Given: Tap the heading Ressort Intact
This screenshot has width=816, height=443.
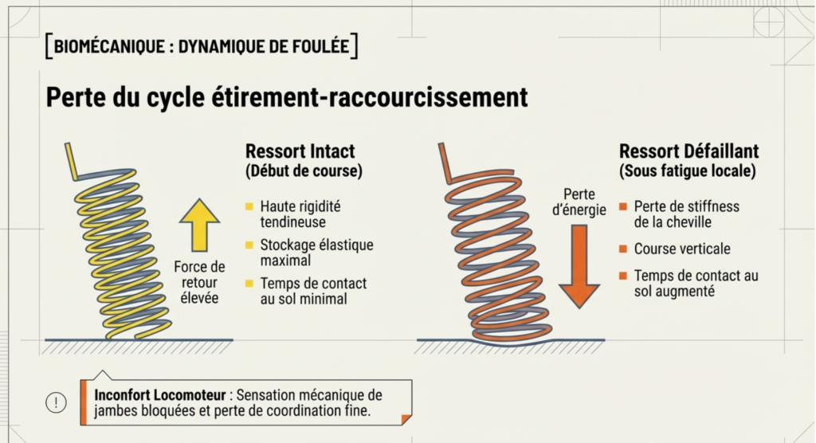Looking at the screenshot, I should coord(300,151).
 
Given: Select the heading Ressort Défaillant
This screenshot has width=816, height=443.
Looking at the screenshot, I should coord(688,151).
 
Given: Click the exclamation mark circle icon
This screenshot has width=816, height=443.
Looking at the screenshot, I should coord(56,402).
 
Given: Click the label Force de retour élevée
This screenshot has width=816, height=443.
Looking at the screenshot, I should coord(199,282).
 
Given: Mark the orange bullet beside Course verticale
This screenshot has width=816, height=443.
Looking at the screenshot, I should coord(624,249).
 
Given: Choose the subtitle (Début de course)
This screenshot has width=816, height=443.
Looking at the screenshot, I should coord(304,171).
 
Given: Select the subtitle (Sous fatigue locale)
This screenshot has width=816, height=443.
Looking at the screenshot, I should coord(687,171).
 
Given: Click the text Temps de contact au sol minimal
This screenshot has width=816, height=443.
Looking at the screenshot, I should coord(313,291).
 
